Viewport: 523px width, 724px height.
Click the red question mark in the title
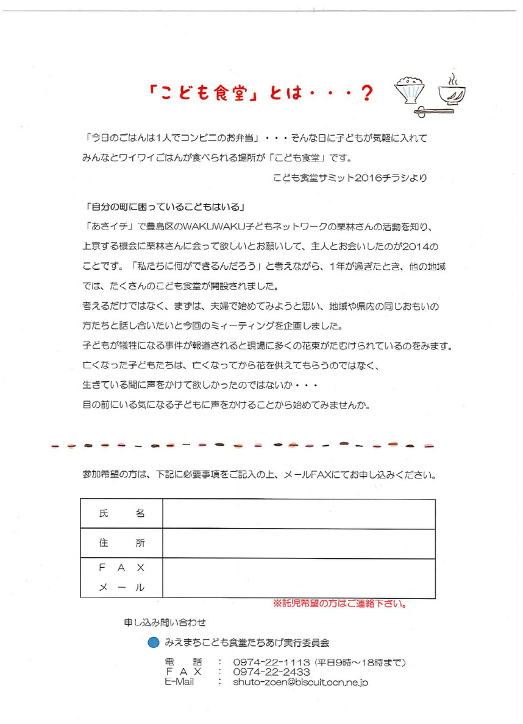click(x=367, y=93)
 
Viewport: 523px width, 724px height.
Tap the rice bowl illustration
click(x=410, y=90)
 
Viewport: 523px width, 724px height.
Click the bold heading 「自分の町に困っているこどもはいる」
click(x=166, y=206)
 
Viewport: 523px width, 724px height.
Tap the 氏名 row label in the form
click(x=121, y=514)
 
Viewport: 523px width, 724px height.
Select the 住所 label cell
click(x=121, y=543)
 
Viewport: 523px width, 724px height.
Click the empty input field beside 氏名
click(x=299, y=514)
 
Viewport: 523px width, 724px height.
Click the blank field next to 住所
click(x=299, y=543)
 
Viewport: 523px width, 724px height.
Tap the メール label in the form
click(x=121, y=587)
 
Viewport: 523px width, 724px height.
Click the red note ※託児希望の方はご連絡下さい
click(x=340, y=605)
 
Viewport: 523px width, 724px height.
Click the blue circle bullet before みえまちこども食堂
click(x=154, y=642)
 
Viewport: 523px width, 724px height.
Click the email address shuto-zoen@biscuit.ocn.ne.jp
click(x=301, y=683)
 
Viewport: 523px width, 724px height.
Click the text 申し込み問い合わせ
click(x=165, y=623)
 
